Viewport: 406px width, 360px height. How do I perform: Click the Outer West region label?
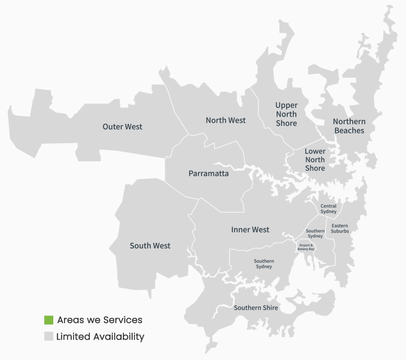tap(122, 127)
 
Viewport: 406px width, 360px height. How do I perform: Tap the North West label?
tap(225, 121)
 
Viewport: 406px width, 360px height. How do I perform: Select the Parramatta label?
tap(209, 174)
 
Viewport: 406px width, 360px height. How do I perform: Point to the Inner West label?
tap(250, 230)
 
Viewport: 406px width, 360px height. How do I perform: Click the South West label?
tap(150, 246)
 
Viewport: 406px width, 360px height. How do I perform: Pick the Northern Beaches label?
tap(349, 126)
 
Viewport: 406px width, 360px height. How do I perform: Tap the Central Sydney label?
tap(328, 209)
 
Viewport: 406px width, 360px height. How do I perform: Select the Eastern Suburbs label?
tap(340, 228)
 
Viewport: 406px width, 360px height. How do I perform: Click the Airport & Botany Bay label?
tap(306, 247)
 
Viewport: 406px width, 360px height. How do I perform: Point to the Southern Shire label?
tap(256, 308)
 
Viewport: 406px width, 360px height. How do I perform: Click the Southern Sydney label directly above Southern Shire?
tap(263, 264)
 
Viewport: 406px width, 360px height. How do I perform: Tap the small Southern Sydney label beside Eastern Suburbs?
tap(315, 234)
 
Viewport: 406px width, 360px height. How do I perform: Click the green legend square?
tap(49, 320)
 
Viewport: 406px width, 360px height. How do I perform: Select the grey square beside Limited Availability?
tap(49, 337)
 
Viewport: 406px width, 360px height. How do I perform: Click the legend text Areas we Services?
tap(99, 320)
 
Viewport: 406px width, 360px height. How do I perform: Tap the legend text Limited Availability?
tap(100, 337)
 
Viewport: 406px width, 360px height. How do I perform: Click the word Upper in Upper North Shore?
tap(286, 105)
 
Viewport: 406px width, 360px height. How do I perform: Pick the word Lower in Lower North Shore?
tap(315, 152)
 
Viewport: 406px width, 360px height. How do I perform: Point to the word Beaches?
tap(349, 131)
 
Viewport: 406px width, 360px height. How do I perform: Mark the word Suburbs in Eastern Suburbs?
tap(340, 231)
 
